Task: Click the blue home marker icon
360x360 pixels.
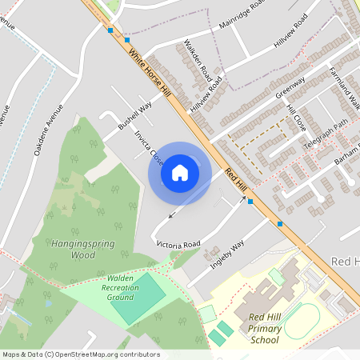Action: (x=180, y=172)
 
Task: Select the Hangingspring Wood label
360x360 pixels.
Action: (x=82, y=250)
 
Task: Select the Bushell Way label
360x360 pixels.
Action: (x=134, y=117)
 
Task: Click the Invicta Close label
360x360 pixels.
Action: (x=150, y=148)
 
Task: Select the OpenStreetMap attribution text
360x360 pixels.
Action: (x=81, y=354)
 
